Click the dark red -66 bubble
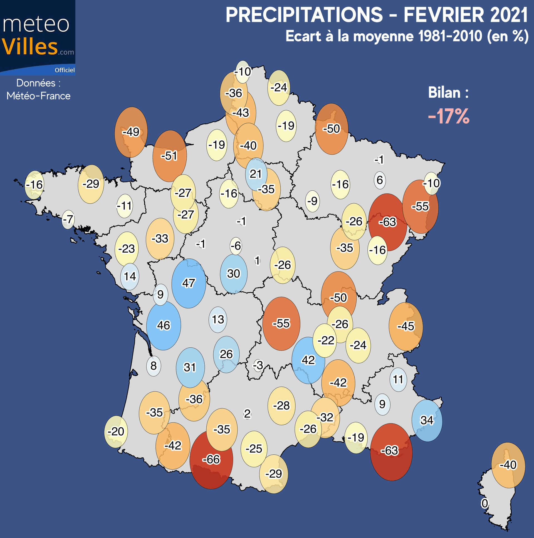coord(211,459)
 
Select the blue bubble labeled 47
coord(189,283)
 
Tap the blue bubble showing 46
coord(164,325)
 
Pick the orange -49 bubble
coord(131,132)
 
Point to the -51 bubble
coord(169,156)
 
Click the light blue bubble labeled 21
coord(256,174)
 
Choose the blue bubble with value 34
coord(427,420)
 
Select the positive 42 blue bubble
coord(308,360)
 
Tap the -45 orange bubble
coord(406,326)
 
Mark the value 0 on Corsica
coord(485,503)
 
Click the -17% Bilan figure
coord(449,116)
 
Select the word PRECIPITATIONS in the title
coord(304,15)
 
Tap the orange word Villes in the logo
coord(30,47)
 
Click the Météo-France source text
coord(38,96)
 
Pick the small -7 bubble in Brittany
coord(68,220)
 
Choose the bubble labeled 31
coord(190,368)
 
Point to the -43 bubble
coord(241,113)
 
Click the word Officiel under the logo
coord(65,70)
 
